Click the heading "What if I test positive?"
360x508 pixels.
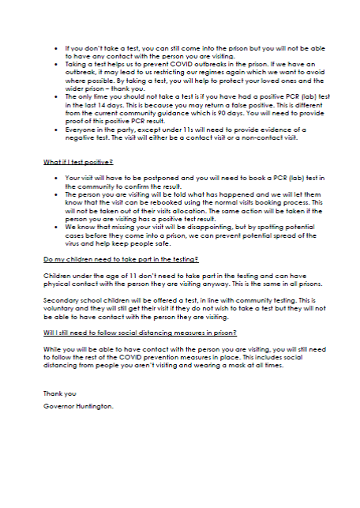(76, 161)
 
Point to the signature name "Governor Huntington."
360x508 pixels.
(79, 405)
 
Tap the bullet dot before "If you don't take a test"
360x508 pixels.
(55, 47)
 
